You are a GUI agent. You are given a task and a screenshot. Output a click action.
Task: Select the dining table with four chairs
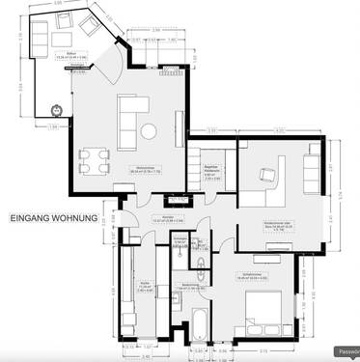click(94, 159)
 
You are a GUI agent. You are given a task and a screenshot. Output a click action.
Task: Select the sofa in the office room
click(311, 170)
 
